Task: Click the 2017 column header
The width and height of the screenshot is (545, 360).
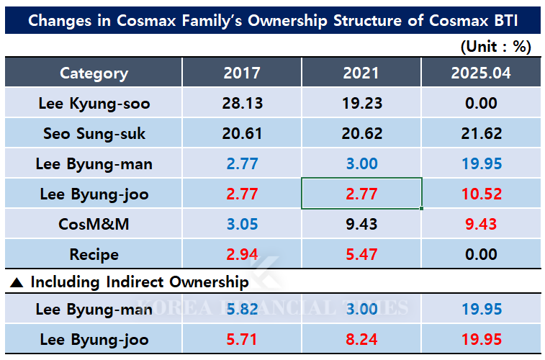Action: (x=242, y=73)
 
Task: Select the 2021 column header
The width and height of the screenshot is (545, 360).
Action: (x=361, y=73)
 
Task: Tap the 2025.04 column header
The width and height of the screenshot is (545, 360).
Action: (x=481, y=73)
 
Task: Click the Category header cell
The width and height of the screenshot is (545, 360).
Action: (x=94, y=73)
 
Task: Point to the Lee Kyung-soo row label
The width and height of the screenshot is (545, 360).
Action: (x=94, y=104)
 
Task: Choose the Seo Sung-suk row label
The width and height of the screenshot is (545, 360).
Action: (x=94, y=134)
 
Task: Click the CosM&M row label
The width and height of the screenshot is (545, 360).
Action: (x=94, y=225)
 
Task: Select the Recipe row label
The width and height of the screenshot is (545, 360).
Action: (x=94, y=254)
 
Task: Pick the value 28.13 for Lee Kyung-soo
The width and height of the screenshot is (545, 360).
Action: (x=242, y=104)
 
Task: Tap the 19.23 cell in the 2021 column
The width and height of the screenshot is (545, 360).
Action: (x=361, y=104)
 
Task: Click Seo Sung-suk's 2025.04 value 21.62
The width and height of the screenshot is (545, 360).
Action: (x=481, y=134)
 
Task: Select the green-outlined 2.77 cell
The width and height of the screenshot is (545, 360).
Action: (x=361, y=194)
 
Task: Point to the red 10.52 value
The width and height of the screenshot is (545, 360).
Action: (x=481, y=194)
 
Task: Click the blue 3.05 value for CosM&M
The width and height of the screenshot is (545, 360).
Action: (x=242, y=225)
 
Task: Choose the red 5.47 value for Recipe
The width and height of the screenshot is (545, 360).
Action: (x=361, y=254)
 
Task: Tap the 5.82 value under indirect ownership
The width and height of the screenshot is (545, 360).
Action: (x=242, y=310)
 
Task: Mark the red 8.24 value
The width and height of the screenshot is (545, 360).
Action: (x=361, y=340)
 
